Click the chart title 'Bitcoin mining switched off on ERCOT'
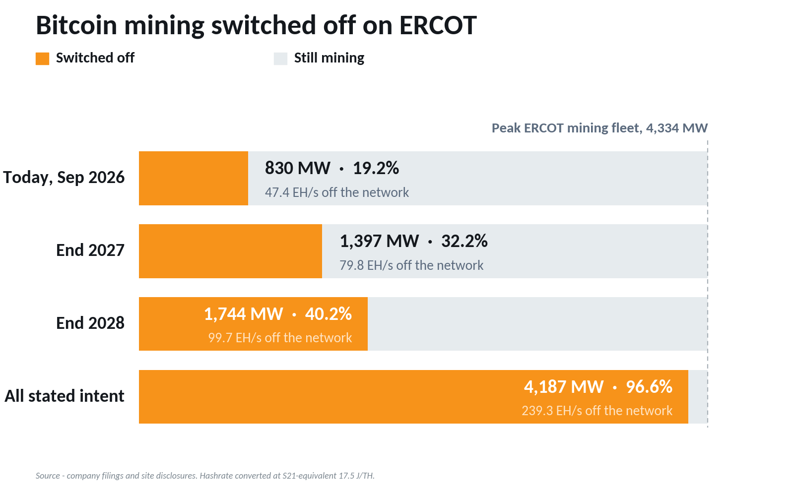coord(256,26)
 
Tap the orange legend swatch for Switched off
coord(42,59)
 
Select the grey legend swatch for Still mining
coord(280,59)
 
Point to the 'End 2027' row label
coord(90,250)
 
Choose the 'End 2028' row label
coord(90,323)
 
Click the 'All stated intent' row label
coord(64,396)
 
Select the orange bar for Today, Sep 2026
coord(194,178)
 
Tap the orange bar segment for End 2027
coord(230,251)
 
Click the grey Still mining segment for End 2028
coord(537,324)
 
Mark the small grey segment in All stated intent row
coord(698,397)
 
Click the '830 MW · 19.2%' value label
coord(332,168)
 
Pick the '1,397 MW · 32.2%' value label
coord(414,241)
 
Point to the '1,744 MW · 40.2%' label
coord(278,314)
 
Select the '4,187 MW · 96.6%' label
coord(598,387)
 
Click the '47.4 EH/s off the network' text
coord(337,192)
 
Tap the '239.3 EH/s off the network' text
coord(597,411)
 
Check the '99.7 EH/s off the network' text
coord(280,338)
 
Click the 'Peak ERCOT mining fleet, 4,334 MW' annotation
coord(599,128)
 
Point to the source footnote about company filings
coord(205,476)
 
